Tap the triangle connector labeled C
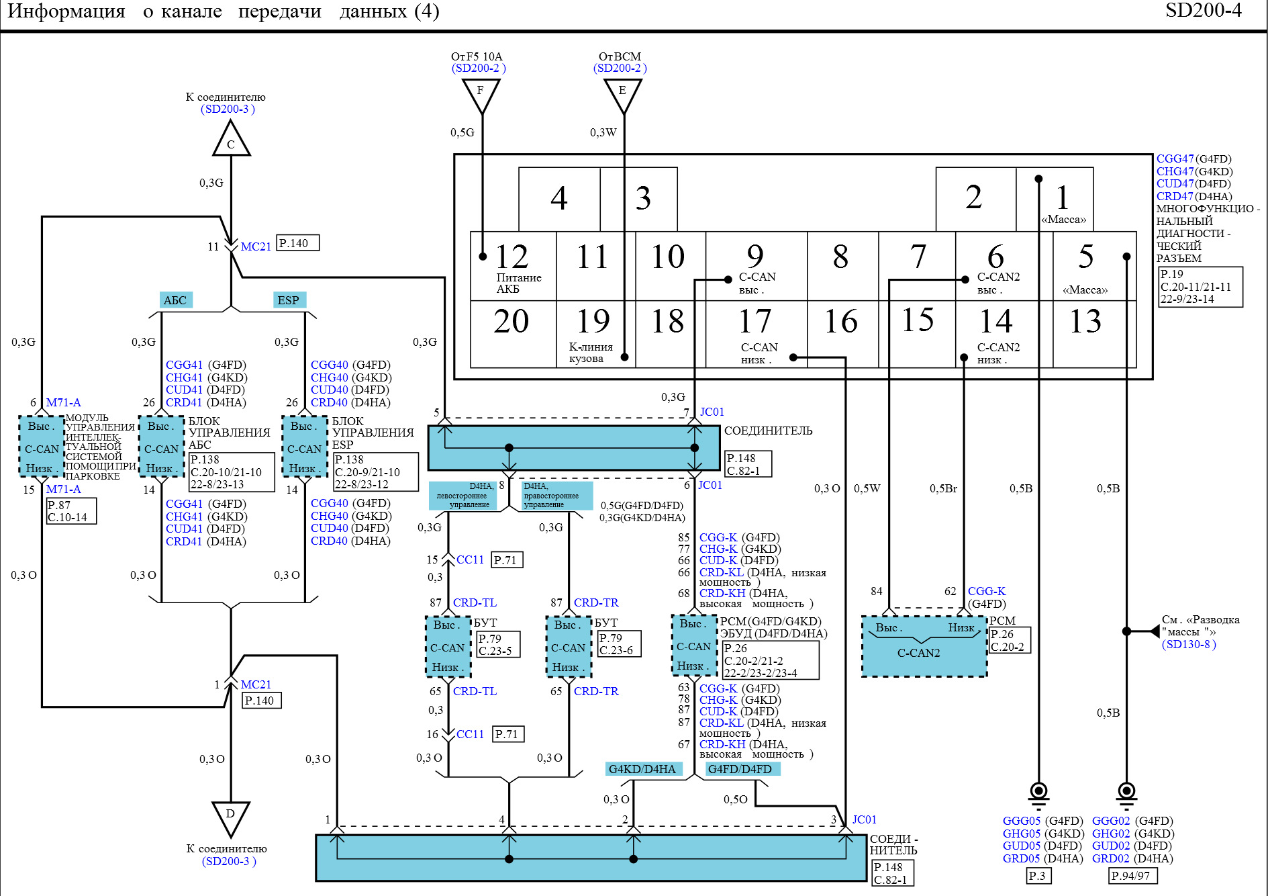pyautogui.click(x=231, y=139)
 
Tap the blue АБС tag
pyautogui.click(x=176, y=300)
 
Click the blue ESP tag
pyautogui.click(x=289, y=300)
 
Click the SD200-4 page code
pyautogui.click(x=1204, y=11)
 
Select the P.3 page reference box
pyautogui.click(x=1038, y=876)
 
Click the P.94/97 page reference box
pyautogui.click(x=1132, y=876)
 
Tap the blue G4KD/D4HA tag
pyautogui.click(x=642, y=769)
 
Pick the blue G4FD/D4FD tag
pyautogui.click(x=741, y=769)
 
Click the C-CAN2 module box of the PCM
pyautogui.click(x=924, y=645)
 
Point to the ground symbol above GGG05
pyautogui.click(x=1038, y=794)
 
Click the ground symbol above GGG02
pyautogui.click(x=1126, y=794)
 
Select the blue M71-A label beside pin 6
pyautogui.click(x=64, y=402)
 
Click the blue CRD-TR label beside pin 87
pyautogui.click(x=596, y=602)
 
